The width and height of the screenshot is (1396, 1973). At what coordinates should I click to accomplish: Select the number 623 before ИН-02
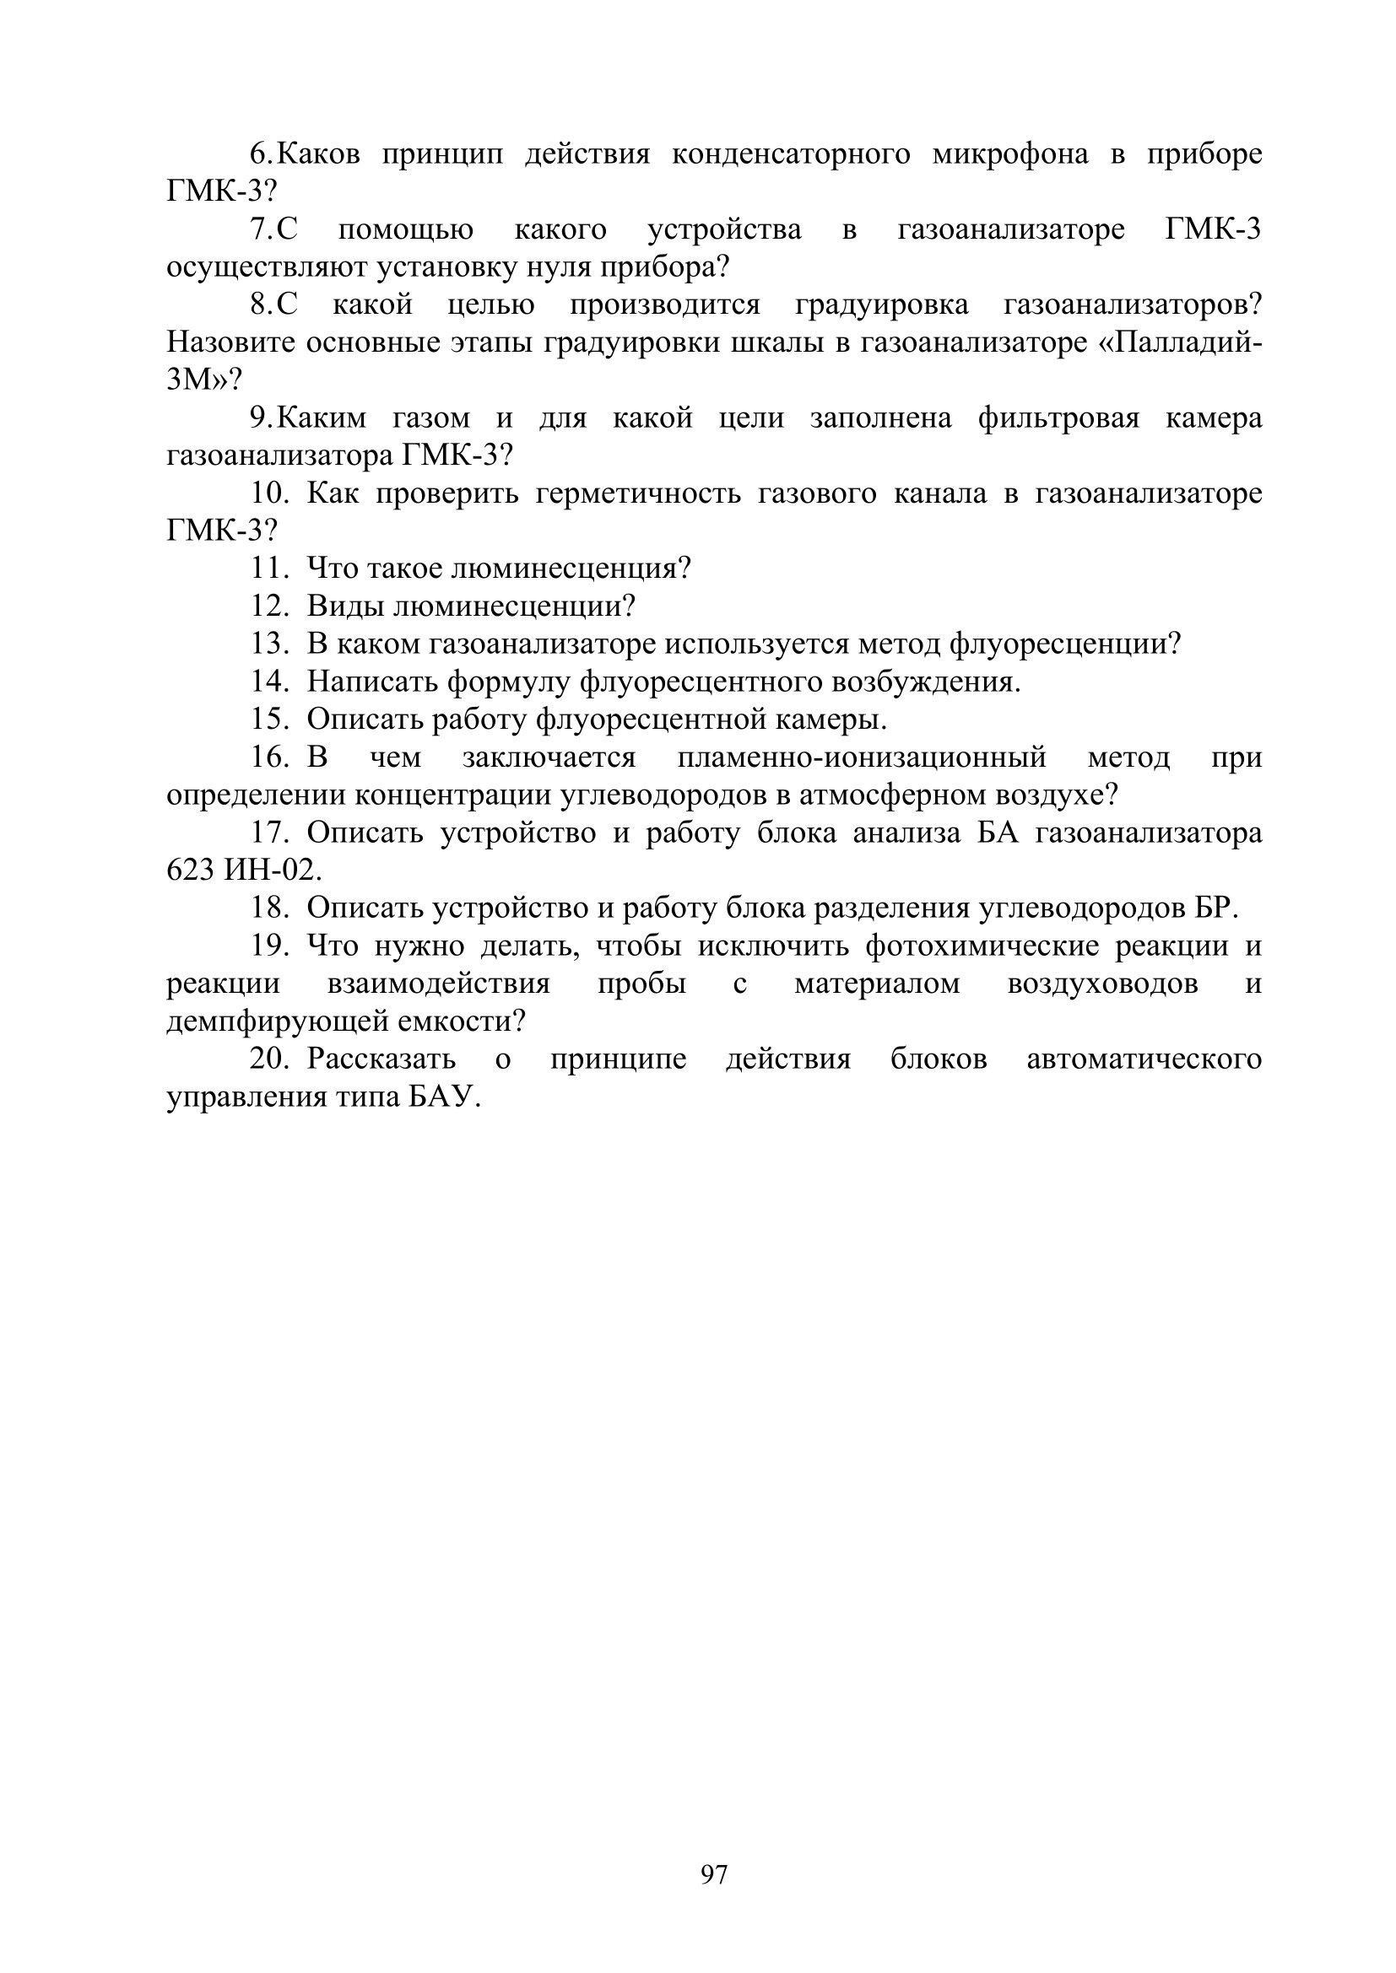[x=190, y=871]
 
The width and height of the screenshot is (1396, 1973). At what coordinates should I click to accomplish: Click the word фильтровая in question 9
[x=1058, y=418]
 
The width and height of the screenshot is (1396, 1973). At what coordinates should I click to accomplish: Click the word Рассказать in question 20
[x=381, y=1059]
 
